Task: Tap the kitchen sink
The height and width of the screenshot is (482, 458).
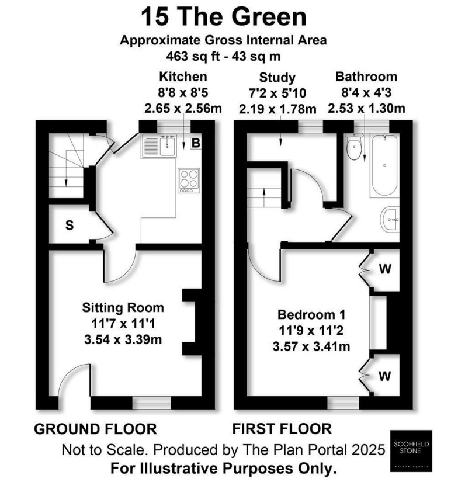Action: click(x=158, y=146)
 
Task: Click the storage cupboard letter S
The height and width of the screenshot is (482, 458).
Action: click(x=69, y=226)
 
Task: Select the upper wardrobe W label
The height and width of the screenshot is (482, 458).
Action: click(x=384, y=269)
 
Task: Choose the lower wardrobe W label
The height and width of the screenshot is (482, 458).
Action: click(x=384, y=376)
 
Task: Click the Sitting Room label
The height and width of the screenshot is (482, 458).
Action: click(x=123, y=307)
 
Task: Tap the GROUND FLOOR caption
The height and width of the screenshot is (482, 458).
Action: click(x=95, y=429)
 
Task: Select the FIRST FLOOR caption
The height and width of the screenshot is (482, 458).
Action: click(x=282, y=429)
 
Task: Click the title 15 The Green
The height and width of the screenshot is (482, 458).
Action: click(x=224, y=17)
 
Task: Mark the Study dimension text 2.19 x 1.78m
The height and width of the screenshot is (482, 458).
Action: click(x=277, y=109)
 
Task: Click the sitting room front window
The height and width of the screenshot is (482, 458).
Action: click(x=151, y=403)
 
